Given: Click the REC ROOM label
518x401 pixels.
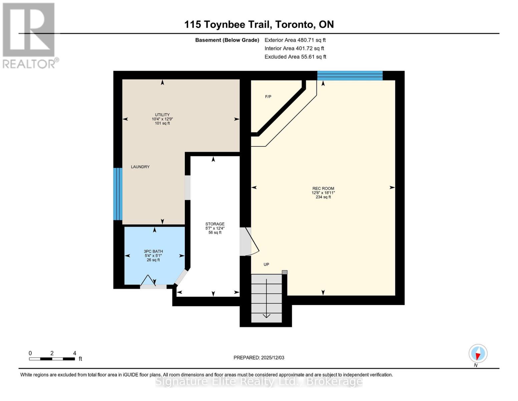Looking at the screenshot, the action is [x=323, y=188].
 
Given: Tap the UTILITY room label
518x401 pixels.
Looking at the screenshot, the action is [x=162, y=115].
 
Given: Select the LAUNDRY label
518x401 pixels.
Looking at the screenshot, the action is [x=140, y=167].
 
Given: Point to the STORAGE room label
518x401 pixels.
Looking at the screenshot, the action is [x=215, y=224].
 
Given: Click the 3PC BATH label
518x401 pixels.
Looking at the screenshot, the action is [x=153, y=251].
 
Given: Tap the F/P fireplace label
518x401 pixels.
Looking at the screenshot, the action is [x=268, y=97].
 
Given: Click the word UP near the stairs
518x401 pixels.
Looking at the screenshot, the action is [x=266, y=264].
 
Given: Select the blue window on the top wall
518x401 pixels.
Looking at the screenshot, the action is [x=350, y=76].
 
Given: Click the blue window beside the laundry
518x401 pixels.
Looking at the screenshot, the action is [x=118, y=194].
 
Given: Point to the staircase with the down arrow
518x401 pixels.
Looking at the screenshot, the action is [x=267, y=298].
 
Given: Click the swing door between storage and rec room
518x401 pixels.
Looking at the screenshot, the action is [x=249, y=241].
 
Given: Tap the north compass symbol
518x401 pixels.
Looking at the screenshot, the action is [x=478, y=354].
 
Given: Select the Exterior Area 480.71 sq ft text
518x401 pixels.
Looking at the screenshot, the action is [x=295, y=40].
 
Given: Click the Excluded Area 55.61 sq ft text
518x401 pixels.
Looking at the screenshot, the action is [x=295, y=57].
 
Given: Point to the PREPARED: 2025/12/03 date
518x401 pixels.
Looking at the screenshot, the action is [x=259, y=358].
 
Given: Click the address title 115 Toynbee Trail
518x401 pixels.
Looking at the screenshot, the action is [x=228, y=24].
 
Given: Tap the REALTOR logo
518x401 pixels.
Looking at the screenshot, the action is [x=30, y=35].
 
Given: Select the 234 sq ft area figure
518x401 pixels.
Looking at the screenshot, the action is [x=323, y=197].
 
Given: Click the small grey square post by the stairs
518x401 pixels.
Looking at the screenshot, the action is [x=285, y=272].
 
